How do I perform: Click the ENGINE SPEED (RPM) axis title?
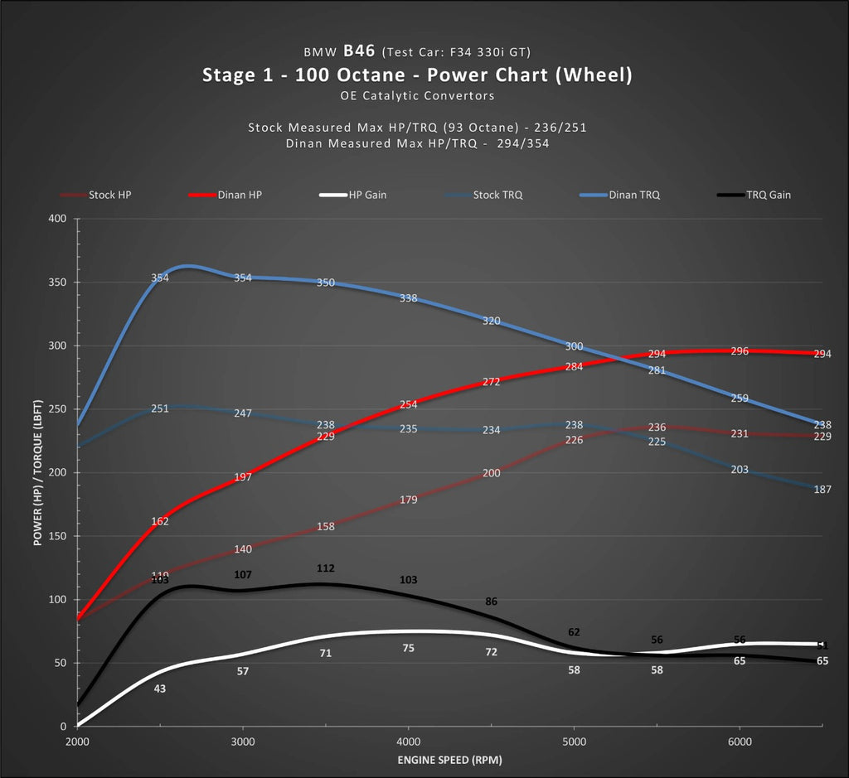point(449,760)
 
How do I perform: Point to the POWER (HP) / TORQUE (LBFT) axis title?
point(38,472)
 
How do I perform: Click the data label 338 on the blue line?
point(408,298)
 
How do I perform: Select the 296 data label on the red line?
point(740,351)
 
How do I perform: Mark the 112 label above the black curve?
point(325,568)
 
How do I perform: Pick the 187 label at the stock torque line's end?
point(822,490)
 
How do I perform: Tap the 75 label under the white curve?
point(408,648)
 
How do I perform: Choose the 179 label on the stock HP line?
point(408,500)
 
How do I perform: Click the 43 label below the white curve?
point(160,689)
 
